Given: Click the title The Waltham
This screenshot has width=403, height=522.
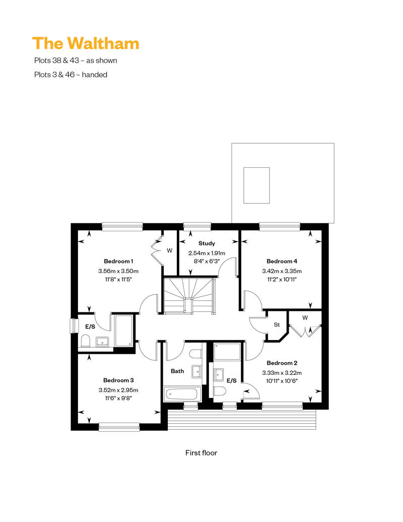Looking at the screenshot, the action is tap(86, 43).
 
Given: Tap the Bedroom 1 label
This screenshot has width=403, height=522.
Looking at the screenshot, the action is tap(118, 262).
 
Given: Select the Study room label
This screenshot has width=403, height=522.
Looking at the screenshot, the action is tap(207, 243).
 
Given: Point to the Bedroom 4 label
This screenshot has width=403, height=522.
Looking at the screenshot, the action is tap(282, 262).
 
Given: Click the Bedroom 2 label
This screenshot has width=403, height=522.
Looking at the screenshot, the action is tap(282, 363).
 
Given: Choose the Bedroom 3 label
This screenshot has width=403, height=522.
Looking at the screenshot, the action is tap(118, 380).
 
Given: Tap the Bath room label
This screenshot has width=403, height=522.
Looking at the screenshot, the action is tap(177, 371).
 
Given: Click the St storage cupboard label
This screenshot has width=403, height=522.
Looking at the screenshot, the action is tap(277, 324).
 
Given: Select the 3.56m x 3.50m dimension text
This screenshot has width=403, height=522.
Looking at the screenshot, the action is tap(118, 271).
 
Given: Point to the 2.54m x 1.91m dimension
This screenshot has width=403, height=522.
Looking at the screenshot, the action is tap(207, 253).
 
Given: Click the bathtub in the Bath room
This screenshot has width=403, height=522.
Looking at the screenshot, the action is tap(182, 395).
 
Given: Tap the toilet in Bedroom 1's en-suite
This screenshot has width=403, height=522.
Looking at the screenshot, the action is tap(86, 341).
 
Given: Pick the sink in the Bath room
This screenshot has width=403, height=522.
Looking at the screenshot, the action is tap(196, 371).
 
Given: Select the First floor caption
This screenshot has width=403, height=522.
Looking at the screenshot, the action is tap(201, 453).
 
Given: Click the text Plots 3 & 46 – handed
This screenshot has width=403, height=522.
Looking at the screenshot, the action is tap(71, 75).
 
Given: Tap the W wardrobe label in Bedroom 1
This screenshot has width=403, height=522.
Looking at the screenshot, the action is tap(169, 250).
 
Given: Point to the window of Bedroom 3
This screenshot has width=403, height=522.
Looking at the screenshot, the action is tap(119, 426).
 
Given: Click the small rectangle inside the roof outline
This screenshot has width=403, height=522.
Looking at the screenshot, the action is tap(256, 185).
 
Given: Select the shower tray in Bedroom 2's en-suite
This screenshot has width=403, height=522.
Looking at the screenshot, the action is tap(227, 352).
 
